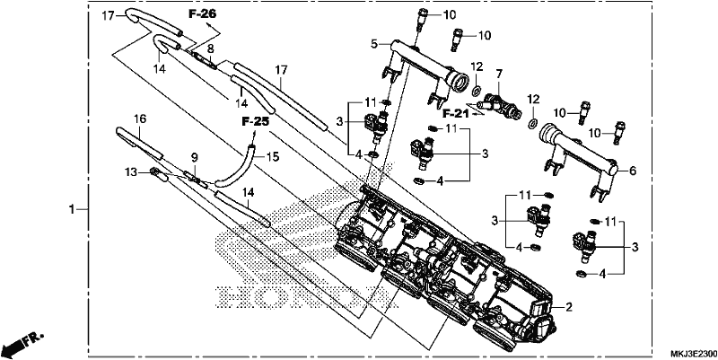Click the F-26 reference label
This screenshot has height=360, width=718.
203,14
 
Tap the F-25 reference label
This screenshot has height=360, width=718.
256,122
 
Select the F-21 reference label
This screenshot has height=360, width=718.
456,114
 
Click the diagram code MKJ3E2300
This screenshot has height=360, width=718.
694,354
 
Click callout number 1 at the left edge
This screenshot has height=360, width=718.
72,209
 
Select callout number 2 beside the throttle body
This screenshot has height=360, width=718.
569,307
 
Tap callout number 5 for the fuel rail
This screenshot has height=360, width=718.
374,44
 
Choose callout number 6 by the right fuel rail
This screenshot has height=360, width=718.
633,171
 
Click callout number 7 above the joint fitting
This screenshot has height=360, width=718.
499,73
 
